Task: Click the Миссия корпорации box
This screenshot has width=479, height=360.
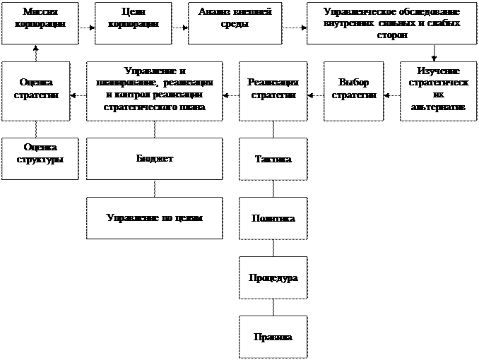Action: (40, 23)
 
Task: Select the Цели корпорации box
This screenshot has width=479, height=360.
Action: (133, 23)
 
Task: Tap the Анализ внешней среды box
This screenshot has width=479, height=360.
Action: (235, 23)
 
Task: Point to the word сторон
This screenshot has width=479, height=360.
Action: (392, 35)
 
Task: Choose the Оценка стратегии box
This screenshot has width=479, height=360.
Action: (35, 90)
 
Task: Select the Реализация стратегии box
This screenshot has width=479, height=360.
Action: (273, 90)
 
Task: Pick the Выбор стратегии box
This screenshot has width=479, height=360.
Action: (354, 90)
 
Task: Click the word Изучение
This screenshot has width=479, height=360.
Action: (438, 71)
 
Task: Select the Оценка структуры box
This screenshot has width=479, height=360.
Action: (40, 158)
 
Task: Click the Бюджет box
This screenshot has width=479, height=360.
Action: (154, 158)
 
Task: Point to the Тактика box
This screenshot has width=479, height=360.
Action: (273, 159)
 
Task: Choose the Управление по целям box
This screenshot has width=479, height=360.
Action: (154, 217)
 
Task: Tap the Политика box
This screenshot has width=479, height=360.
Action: (273, 218)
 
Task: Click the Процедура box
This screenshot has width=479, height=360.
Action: (273, 277)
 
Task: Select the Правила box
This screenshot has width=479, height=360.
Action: (273, 336)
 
